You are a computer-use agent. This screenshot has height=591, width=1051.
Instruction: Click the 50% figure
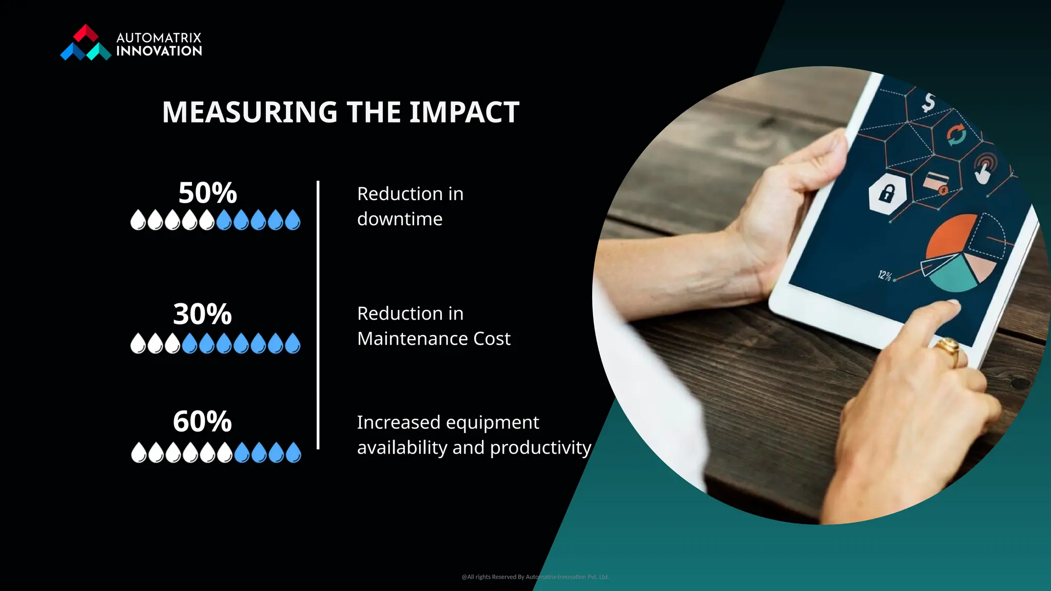207,193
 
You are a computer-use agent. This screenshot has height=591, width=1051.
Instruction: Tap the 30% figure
202,314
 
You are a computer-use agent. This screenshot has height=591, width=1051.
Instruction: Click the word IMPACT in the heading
464,112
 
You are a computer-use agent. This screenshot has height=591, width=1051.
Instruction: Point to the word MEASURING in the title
249,112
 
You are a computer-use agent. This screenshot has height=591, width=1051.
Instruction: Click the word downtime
399,219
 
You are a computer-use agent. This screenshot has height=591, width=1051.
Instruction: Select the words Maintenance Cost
434,339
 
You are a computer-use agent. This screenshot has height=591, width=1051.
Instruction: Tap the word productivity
540,448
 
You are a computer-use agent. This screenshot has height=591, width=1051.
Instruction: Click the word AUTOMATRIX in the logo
159,38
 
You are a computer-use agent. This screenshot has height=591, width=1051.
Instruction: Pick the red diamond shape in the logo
86,33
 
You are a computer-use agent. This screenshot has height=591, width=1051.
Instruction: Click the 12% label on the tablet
885,275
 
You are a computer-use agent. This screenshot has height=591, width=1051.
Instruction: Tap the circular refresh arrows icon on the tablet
956,135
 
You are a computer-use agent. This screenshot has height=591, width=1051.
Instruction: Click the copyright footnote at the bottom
535,577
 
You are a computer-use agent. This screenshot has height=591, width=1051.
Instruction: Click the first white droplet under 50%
138,220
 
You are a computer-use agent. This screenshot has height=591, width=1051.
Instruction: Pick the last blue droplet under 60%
293,453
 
